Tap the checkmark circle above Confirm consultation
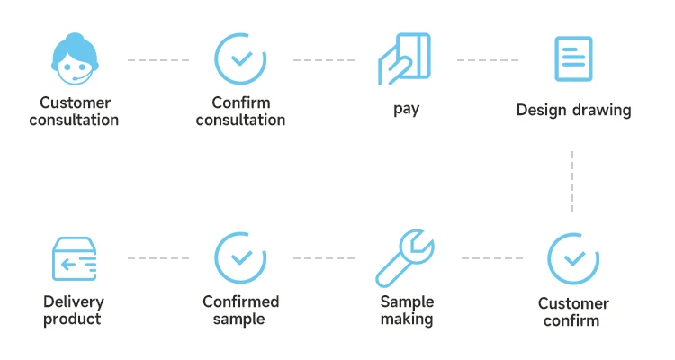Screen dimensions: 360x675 (x=240, y=58)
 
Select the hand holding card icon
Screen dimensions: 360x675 (x=405, y=59)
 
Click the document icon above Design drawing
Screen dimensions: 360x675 (x=573, y=59)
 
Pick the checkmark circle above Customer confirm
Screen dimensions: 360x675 (x=573, y=258)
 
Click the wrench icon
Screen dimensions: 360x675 (x=405, y=257)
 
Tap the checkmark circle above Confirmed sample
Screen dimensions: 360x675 (x=240, y=257)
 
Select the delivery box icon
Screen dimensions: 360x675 (x=74, y=259)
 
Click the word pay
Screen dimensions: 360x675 (x=407, y=110)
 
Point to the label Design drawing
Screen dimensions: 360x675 (x=573, y=111)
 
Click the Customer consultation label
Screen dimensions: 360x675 (x=74, y=112)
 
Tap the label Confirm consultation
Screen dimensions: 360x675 (x=240, y=112)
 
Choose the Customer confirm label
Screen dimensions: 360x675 (x=573, y=311)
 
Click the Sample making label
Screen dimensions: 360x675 (x=407, y=310)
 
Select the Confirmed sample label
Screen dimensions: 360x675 (x=240, y=310)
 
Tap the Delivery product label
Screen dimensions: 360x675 (x=74, y=310)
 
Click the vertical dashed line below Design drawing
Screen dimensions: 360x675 (x=572, y=182)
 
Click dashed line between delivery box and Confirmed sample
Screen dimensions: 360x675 (x=157, y=258)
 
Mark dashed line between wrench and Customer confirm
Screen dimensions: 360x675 (x=491, y=258)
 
